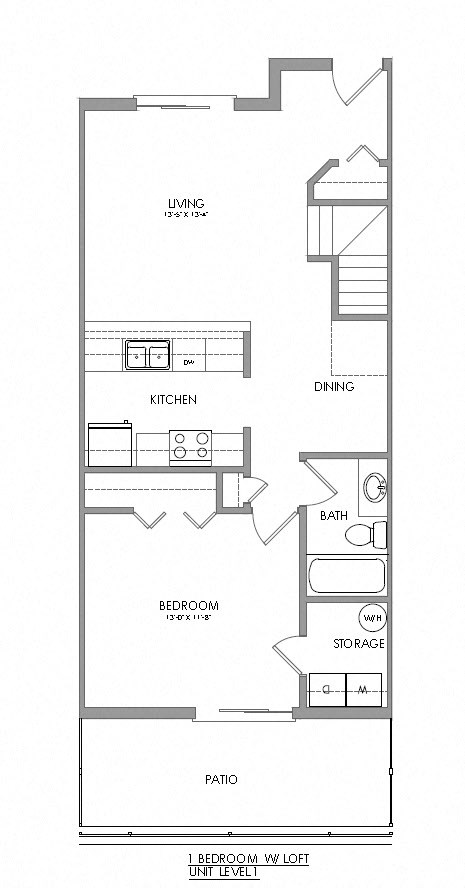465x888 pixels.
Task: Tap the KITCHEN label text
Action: (173, 400)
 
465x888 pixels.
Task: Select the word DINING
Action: (334, 387)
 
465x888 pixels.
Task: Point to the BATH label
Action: (333, 517)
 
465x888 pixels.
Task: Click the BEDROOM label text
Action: (188, 606)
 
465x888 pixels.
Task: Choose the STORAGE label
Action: (359, 644)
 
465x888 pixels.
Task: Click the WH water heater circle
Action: (371, 616)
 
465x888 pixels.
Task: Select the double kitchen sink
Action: (147, 355)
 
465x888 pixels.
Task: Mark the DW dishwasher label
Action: (187, 362)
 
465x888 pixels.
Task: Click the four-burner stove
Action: (190, 445)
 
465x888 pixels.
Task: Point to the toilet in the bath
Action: (365, 535)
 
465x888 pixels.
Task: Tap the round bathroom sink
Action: (373, 489)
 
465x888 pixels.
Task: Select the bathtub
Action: (346, 577)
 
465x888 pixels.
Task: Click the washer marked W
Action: (364, 688)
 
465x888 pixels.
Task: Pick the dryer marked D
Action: (327, 688)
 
